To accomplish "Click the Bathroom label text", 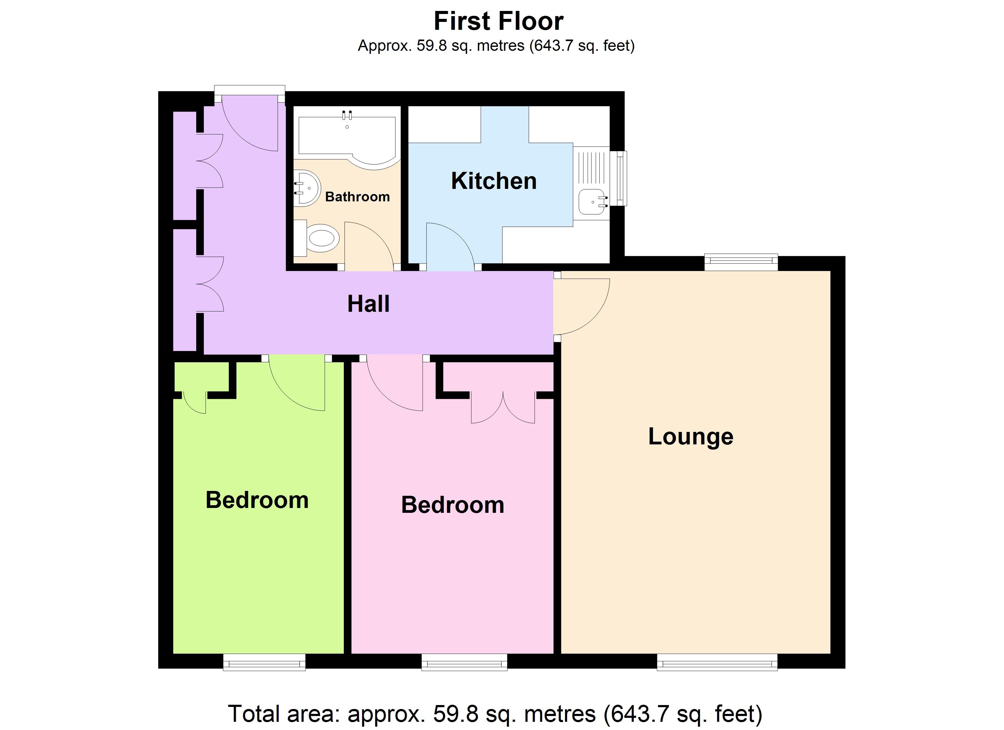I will click(x=357, y=197).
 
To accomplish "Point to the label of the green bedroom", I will click(x=257, y=500).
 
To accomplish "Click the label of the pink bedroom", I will click(x=452, y=505).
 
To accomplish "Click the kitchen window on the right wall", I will click(x=622, y=179).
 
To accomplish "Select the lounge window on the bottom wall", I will click(x=717, y=662).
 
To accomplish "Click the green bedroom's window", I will click(x=264, y=662).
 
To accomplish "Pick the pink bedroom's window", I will click(x=464, y=662).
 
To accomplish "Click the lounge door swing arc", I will click(x=589, y=314).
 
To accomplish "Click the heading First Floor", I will click(x=498, y=21).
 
